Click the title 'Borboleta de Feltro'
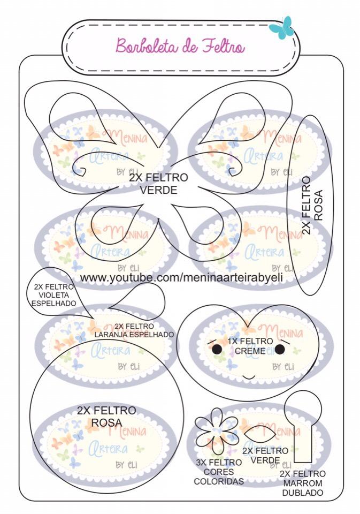(180, 47)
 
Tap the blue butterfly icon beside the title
(282, 27)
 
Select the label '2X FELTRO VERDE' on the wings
(158, 183)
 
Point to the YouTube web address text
(181, 278)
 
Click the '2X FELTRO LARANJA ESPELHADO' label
(134, 330)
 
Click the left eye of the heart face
(217, 350)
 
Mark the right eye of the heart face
(279, 350)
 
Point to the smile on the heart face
(249, 377)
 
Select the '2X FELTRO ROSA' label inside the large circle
(106, 417)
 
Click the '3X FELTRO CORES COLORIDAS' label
(218, 472)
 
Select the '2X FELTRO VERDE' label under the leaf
(265, 456)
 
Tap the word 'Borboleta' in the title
(141, 47)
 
